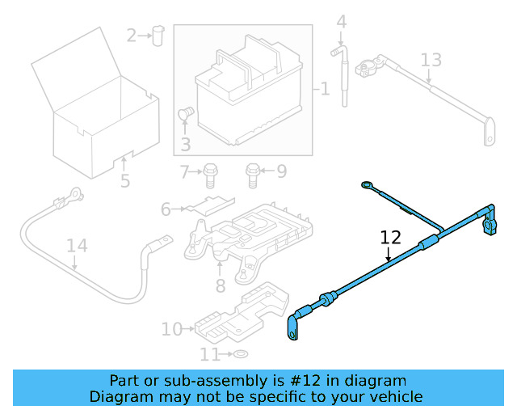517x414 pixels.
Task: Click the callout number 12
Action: click(390, 238)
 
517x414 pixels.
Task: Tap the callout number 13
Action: click(431, 60)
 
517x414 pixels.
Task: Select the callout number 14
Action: click(76, 245)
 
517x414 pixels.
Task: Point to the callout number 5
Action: click(125, 180)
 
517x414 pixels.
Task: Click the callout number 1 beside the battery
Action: click(325, 88)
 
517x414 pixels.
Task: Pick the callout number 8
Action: click(220, 285)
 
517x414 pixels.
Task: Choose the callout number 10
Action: click(172, 329)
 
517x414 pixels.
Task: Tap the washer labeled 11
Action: click(240, 355)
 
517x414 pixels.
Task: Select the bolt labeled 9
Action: click(253, 171)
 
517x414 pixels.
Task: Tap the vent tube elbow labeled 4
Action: click(336, 54)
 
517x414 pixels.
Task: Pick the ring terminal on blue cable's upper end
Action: click(368, 186)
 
